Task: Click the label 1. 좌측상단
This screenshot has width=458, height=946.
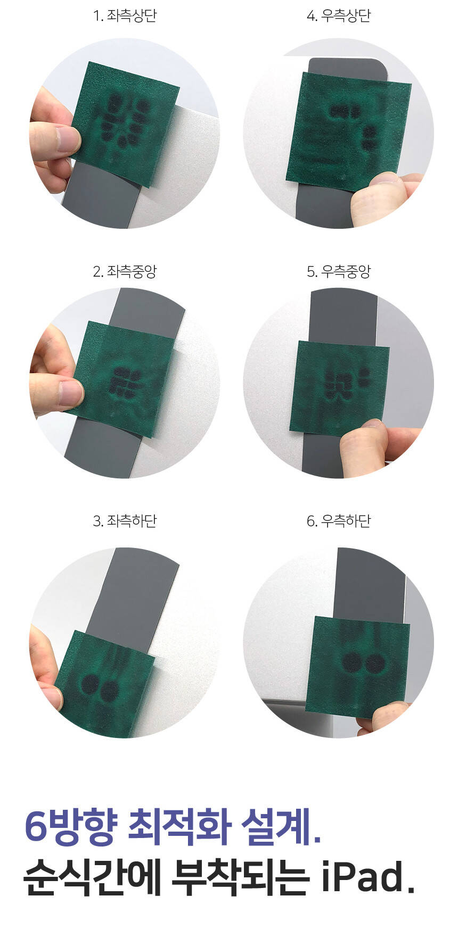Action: point(125,16)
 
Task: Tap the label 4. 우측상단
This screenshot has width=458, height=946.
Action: point(338,16)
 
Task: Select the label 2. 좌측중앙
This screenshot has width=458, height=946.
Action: point(125,272)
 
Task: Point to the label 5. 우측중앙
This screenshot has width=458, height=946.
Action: point(338,272)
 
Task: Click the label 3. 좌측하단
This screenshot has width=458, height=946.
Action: point(125,521)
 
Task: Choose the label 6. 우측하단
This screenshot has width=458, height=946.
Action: point(338,521)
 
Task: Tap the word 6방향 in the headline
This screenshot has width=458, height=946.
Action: point(69,827)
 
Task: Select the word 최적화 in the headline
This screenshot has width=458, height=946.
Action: point(178,827)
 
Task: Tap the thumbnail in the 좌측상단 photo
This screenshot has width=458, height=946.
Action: point(69,138)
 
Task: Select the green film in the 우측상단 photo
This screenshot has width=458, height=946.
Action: point(349,130)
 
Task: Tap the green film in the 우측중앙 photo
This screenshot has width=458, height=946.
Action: point(339,388)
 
